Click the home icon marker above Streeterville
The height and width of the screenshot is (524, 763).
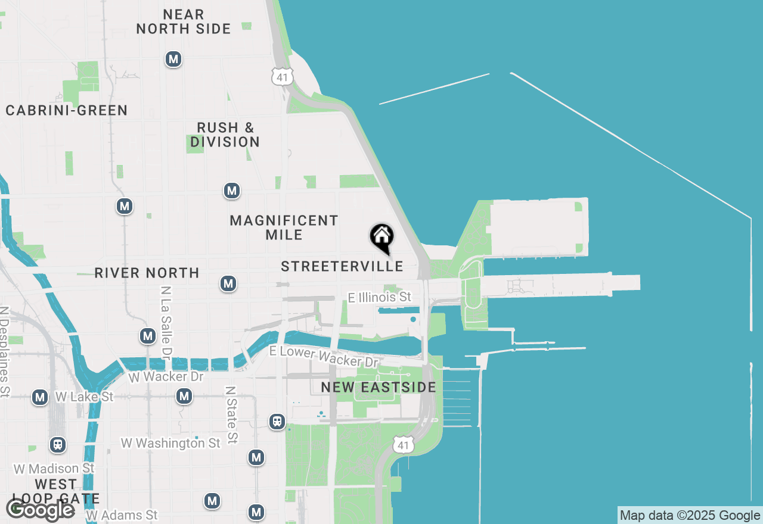pos(381,237)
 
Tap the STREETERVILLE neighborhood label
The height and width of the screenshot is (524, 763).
pos(342,267)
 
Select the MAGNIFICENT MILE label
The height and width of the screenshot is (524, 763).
pos(284,227)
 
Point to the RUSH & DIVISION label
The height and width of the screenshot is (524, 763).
pos(225,135)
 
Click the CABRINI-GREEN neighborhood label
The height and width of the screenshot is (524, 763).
pos(67,110)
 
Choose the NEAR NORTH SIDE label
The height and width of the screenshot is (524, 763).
pos(184,21)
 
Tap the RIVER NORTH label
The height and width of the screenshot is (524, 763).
pos(147,273)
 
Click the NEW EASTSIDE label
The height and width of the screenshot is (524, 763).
pos(379,387)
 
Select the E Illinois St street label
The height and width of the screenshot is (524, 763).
pos(380,297)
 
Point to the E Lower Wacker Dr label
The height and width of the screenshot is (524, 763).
pos(324,356)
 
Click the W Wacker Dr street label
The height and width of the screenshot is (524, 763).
pos(166,376)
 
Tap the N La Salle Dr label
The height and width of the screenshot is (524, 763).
pos(167,322)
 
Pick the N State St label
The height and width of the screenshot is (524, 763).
pos(231,414)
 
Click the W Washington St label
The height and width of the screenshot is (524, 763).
pos(170,443)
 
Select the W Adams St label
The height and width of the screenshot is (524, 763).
pos(122,514)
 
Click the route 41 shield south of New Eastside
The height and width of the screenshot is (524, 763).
pos(404,444)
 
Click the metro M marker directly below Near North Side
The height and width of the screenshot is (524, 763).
pos(173,59)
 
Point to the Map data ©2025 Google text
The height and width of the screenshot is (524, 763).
pos(690,516)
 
